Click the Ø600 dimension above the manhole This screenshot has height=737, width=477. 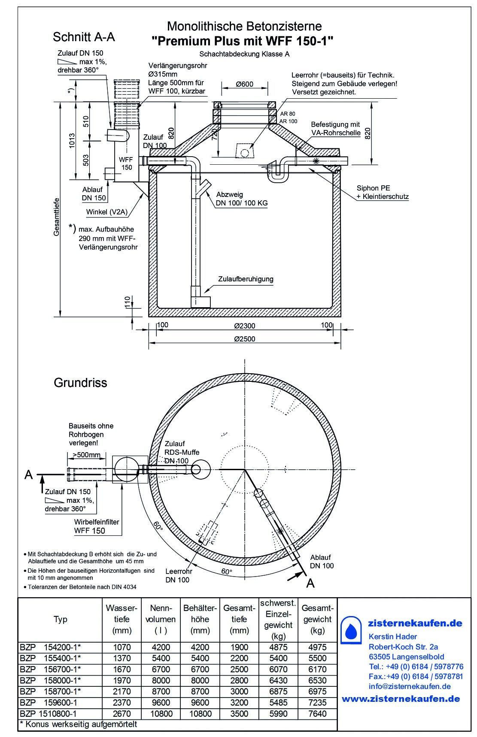(x=244, y=84)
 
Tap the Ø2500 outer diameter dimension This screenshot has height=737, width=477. (x=245, y=338)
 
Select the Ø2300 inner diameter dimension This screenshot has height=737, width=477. (x=245, y=326)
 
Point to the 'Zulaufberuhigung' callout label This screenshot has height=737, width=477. (x=246, y=279)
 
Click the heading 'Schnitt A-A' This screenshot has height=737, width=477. (x=84, y=37)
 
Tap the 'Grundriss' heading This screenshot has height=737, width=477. (x=80, y=383)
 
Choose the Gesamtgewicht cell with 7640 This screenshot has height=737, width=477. (x=317, y=714)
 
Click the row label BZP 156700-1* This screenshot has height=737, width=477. (x=50, y=669)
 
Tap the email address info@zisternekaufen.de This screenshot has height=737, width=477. (x=410, y=686)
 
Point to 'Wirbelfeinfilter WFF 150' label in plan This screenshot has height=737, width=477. (x=97, y=526)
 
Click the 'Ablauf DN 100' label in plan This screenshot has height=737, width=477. (x=322, y=562)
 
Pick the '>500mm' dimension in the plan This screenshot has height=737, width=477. (x=86, y=455)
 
